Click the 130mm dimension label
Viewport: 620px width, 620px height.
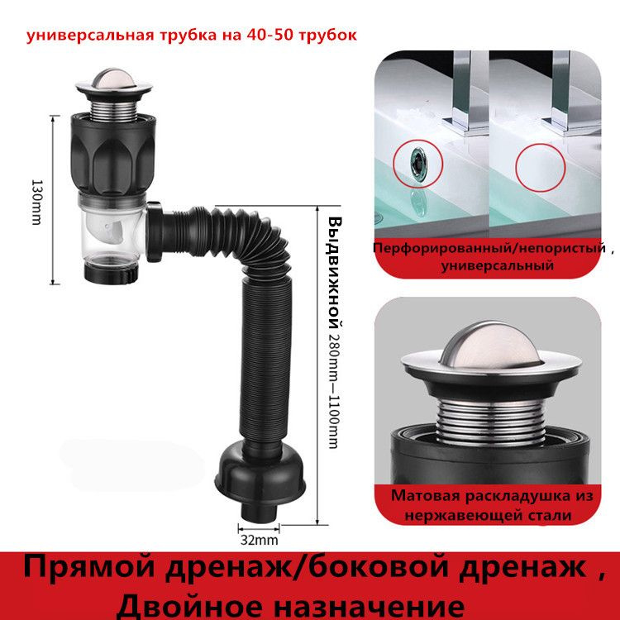tap(36, 202)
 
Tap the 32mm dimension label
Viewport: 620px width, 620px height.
tap(259, 540)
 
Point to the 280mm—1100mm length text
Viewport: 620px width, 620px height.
tap(333, 389)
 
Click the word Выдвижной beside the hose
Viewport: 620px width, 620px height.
tap(335, 273)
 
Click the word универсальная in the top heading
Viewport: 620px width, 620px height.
tap(89, 36)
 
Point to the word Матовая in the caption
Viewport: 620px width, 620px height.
tap(425, 495)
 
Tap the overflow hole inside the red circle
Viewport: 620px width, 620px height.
tap(418, 165)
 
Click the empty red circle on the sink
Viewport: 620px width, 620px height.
tap(541, 168)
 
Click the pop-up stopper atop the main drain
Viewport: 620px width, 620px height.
tap(113, 84)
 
